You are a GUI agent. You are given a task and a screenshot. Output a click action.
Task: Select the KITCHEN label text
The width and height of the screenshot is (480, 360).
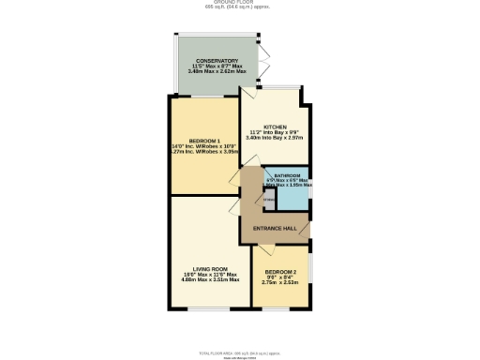click(274, 126)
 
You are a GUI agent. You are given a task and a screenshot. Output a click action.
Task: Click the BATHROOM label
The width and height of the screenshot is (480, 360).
click(286, 175)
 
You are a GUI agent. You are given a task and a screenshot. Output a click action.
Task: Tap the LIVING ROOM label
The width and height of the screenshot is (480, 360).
click(210, 267)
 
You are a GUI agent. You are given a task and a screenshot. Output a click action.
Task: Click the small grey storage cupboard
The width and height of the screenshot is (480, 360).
click(268, 197)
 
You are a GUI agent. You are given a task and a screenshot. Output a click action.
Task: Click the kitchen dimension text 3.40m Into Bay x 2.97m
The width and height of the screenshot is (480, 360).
click(274, 138)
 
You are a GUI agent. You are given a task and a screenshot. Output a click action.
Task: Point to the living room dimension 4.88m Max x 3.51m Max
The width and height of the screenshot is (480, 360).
click(210, 279)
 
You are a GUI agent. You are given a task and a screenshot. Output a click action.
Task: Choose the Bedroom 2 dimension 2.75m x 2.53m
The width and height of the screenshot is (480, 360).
click(279, 281)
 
